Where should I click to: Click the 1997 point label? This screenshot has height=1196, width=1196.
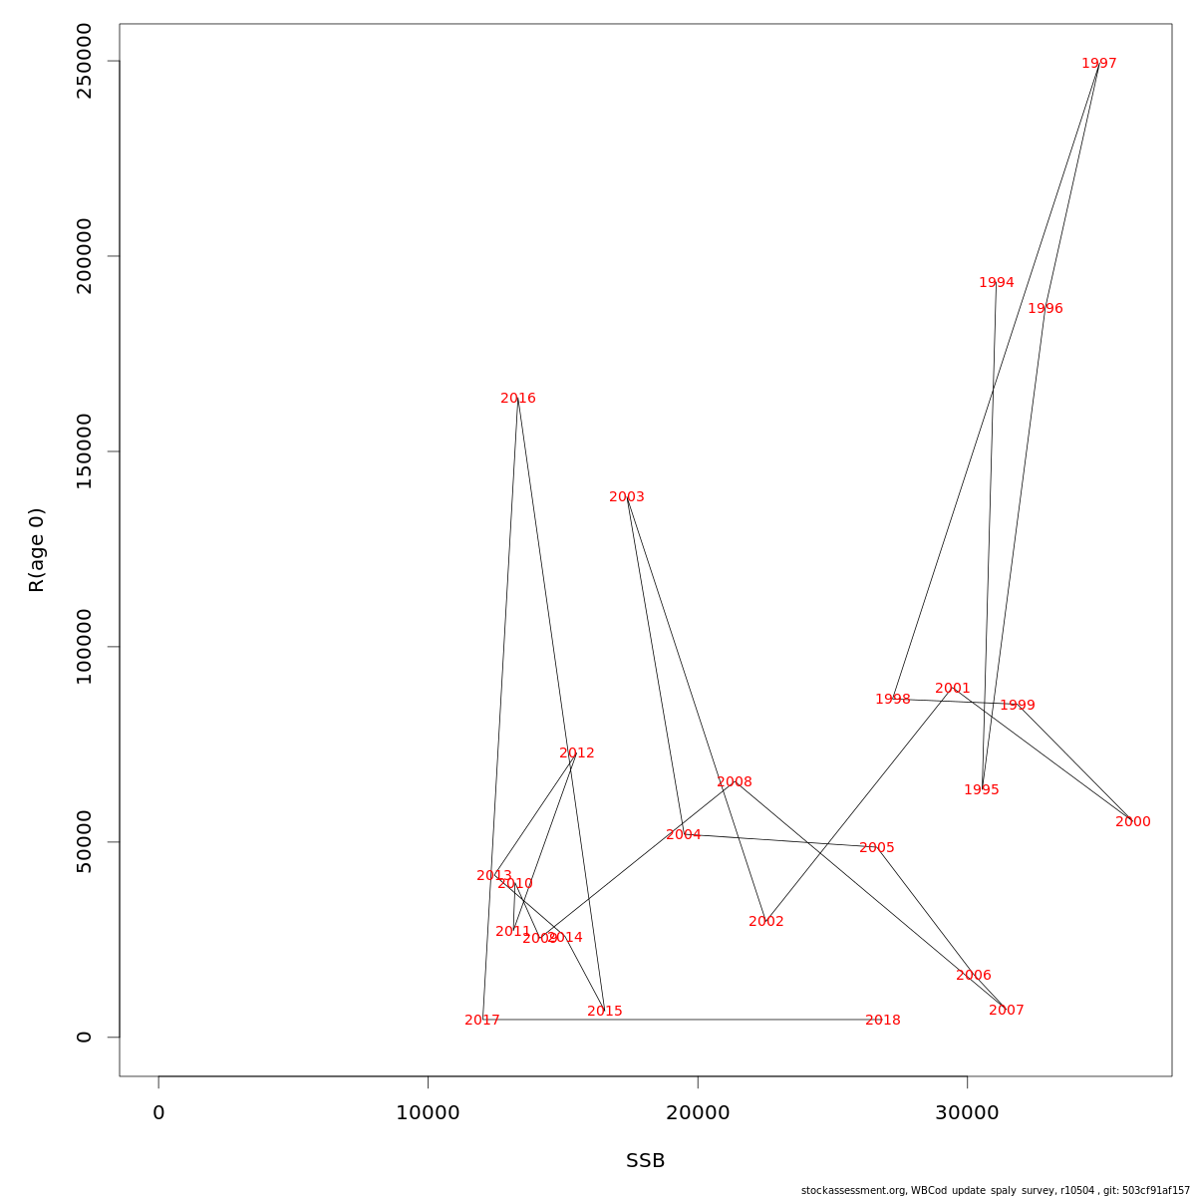1099,64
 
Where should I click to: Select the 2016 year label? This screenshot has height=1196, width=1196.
518,399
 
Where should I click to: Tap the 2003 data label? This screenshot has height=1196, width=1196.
627,497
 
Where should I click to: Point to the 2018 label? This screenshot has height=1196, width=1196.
883,1021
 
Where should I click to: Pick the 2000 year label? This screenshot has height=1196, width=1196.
1133,822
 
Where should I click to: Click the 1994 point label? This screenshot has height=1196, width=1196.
997,283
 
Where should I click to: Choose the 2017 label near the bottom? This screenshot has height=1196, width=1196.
482,1021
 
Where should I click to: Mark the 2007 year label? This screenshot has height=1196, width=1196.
1007,1011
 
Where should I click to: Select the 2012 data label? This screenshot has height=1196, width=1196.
577,753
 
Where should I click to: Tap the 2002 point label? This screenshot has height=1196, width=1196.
766,922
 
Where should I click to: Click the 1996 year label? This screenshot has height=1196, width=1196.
1046,309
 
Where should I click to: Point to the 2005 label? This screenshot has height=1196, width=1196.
877,848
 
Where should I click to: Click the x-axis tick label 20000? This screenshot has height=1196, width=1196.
698,1113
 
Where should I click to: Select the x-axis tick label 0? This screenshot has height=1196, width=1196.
158,1113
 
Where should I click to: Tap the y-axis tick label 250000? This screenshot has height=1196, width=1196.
85,61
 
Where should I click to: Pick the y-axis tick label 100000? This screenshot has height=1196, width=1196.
85,647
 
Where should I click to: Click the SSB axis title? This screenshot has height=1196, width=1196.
646,1161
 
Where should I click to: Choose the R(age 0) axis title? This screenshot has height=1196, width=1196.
37,550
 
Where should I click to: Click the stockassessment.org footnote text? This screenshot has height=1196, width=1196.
996,1190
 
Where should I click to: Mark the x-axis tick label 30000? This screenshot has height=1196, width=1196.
968,1113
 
